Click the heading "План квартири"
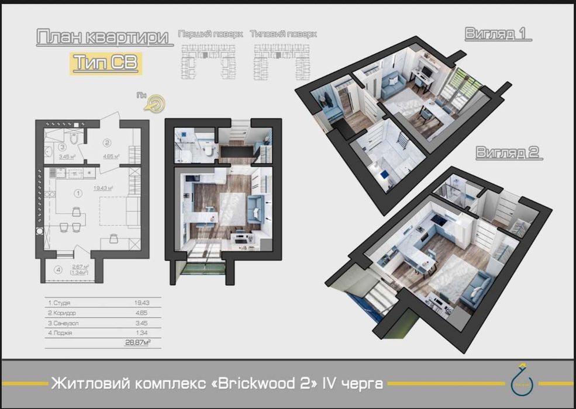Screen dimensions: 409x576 click(105, 37)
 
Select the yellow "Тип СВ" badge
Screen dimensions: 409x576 click(105, 63)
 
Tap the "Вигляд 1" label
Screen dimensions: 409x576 click(498, 34)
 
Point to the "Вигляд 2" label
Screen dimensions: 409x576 click(507, 153)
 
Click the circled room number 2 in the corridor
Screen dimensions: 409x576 click(107, 142)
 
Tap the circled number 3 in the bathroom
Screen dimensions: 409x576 click(61, 147)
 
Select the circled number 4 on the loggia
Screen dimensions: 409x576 click(58, 270)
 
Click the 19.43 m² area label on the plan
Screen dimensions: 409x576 click(102, 188)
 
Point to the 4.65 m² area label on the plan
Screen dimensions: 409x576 click(111, 157)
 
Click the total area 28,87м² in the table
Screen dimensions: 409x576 click(138, 342)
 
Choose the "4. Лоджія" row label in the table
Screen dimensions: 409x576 click(61, 332)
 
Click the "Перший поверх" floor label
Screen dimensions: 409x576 click(211, 34)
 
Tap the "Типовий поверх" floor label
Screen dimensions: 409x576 click(283, 34)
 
